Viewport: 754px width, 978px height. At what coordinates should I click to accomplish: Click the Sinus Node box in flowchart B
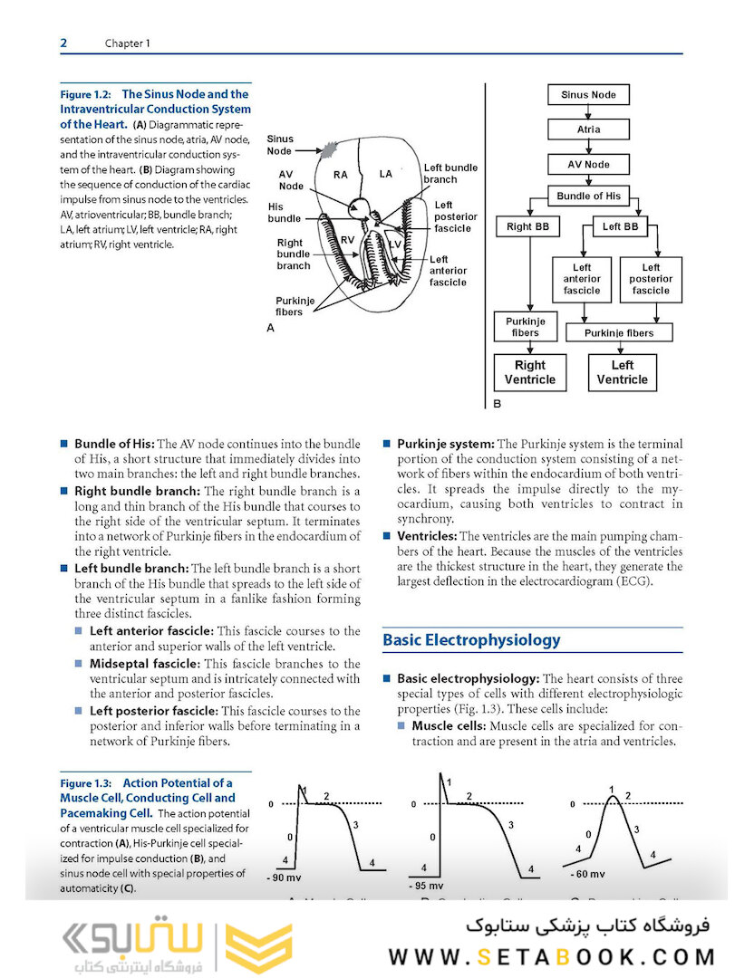coord(588,94)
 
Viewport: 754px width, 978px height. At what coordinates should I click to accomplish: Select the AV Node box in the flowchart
coord(588,165)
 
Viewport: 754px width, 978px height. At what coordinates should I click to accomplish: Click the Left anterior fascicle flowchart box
coord(582,279)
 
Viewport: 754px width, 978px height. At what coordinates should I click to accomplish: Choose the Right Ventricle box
coord(530,372)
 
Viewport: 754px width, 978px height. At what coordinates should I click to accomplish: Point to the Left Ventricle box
coord(622,372)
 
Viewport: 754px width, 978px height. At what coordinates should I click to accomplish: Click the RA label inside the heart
coord(340,175)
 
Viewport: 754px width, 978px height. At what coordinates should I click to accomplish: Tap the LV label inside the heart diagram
coord(394,245)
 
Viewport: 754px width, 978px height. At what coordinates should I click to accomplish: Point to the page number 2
coord(63,43)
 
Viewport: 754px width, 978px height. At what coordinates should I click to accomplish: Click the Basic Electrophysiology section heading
coord(471,640)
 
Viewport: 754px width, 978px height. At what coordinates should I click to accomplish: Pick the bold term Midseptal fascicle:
coord(150,664)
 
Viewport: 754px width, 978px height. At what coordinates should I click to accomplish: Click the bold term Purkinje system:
coord(446,444)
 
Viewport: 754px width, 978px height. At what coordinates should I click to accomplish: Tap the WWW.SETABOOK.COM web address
coord(552,957)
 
